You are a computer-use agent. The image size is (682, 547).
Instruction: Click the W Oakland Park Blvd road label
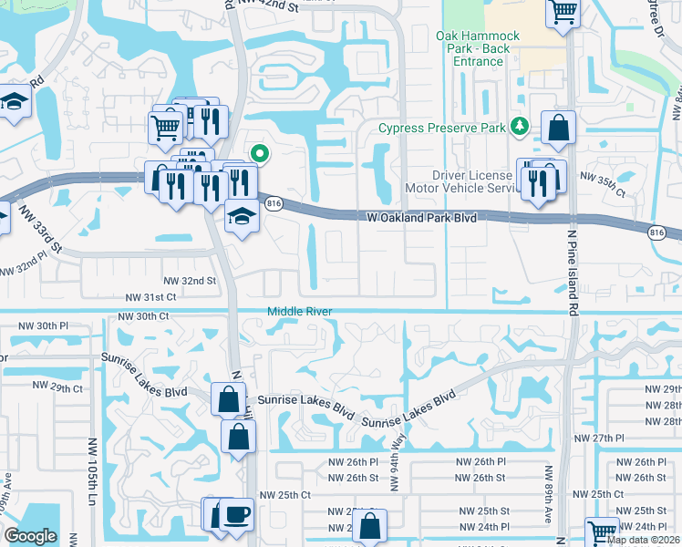point(422,218)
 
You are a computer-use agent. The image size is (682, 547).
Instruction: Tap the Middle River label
point(300,312)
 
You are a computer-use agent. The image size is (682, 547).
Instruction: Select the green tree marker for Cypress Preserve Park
point(520,125)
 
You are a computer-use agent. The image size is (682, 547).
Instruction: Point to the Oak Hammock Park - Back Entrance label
point(478,49)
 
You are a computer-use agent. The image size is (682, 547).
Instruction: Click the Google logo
point(30,536)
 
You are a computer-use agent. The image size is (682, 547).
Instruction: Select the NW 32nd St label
point(190,281)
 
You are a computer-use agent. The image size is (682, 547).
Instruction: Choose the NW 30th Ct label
point(144,315)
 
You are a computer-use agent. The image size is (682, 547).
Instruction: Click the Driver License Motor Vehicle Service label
point(474,181)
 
